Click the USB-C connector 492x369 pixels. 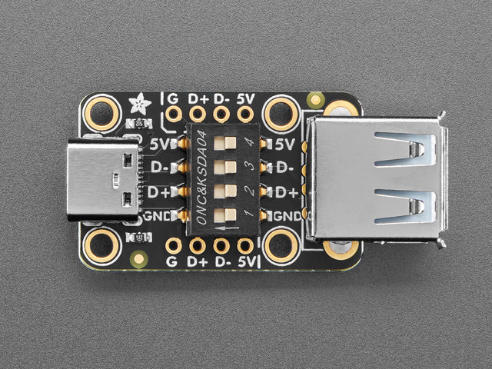pos(104,179)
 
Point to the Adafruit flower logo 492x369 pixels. pos(140,101)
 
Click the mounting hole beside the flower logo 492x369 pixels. pos(101,113)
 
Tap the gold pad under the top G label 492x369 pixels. pos(174,115)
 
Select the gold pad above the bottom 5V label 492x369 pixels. pos(245,246)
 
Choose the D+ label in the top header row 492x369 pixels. pos(198,98)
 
